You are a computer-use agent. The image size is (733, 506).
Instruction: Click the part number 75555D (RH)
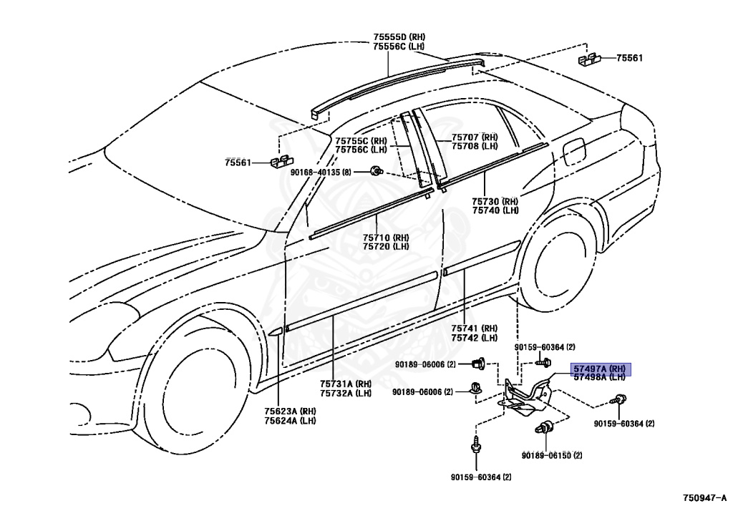coord(398,37)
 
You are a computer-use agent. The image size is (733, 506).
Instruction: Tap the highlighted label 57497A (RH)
coord(599,369)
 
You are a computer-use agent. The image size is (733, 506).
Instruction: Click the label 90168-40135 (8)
coord(321,172)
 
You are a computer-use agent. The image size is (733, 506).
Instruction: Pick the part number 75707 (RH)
coord(474,137)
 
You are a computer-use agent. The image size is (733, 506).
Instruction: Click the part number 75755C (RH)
coord(361,141)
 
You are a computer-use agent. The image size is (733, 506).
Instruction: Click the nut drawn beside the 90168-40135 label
coord(375,170)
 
